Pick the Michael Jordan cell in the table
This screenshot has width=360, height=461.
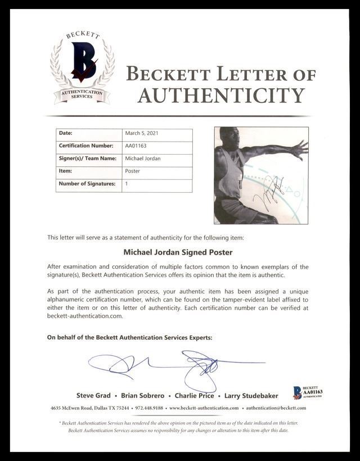click(142, 159)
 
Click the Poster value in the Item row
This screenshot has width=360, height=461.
click(132, 171)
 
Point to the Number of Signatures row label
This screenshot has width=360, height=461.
click(87, 184)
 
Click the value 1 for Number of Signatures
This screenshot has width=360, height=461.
click(127, 184)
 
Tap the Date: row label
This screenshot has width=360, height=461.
click(66, 133)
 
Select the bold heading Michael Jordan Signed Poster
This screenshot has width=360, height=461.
click(178, 252)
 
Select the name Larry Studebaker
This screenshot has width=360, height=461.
click(251, 396)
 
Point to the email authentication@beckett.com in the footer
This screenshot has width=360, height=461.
click(276, 408)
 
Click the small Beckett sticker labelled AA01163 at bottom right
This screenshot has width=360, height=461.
click(307, 392)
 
